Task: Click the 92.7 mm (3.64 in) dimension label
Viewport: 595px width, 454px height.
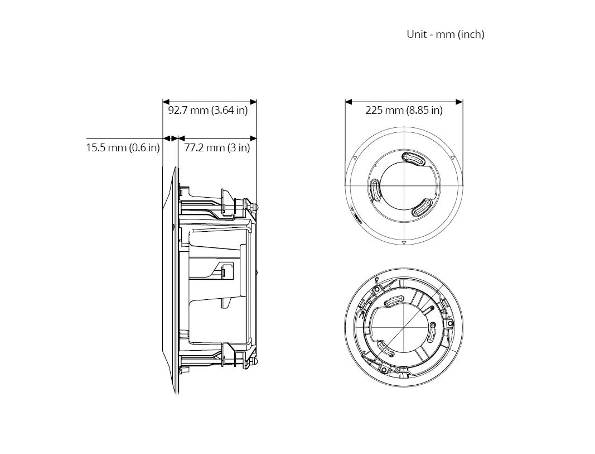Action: click(x=207, y=110)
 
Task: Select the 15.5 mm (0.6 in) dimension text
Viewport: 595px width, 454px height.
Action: click(x=123, y=147)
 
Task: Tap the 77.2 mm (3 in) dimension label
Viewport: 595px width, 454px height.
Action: click(x=217, y=147)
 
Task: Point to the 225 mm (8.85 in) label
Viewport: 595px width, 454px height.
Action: click(x=404, y=110)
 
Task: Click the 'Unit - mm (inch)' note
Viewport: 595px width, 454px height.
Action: click(x=446, y=34)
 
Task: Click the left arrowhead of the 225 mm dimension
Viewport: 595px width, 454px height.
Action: click(x=349, y=102)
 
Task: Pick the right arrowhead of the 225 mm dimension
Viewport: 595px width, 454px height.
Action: click(x=459, y=102)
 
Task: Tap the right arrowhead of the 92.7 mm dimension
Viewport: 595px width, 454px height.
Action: click(x=253, y=102)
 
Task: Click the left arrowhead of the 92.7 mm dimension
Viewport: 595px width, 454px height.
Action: click(x=166, y=102)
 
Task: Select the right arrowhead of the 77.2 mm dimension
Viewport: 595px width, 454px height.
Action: click(x=253, y=138)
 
